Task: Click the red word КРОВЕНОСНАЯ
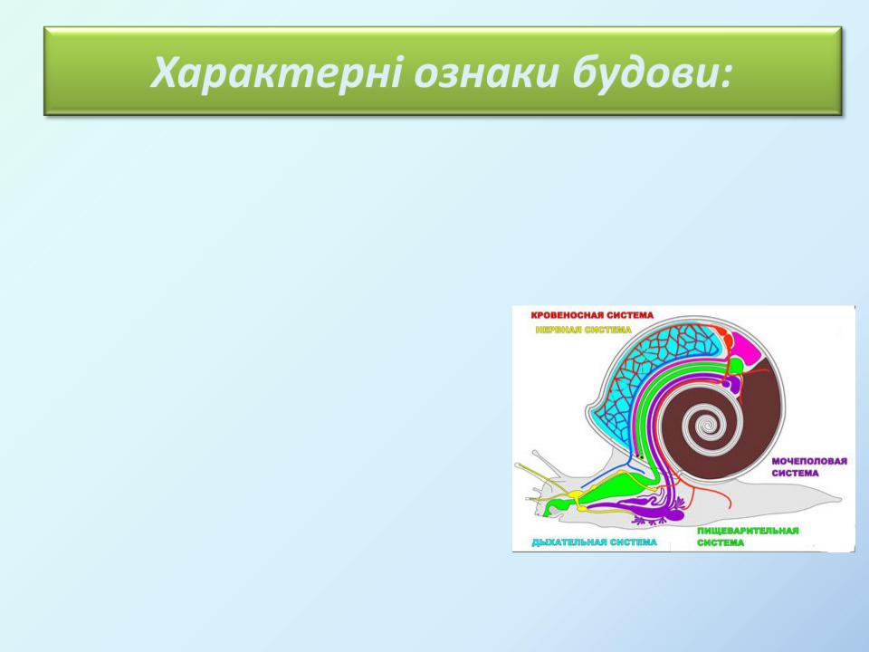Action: pos(566,315)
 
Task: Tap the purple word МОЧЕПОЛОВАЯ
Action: pos(809,461)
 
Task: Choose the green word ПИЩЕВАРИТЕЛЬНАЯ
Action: pos(748,531)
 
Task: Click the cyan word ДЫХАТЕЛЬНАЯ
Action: pos(568,542)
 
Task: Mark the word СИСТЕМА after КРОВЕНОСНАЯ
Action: pos(629,315)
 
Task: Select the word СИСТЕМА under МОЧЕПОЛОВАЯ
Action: pos(795,474)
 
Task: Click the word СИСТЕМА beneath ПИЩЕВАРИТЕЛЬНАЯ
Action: pos(721,542)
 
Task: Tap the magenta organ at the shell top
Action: pos(745,347)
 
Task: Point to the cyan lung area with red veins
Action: pos(648,377)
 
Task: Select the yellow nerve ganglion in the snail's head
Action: pos(578,494)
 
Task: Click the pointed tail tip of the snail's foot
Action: pos(841,500)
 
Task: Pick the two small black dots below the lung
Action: pos(639,456)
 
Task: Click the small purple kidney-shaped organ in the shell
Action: pos(732,384)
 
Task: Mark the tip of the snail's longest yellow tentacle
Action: pos(517,465)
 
